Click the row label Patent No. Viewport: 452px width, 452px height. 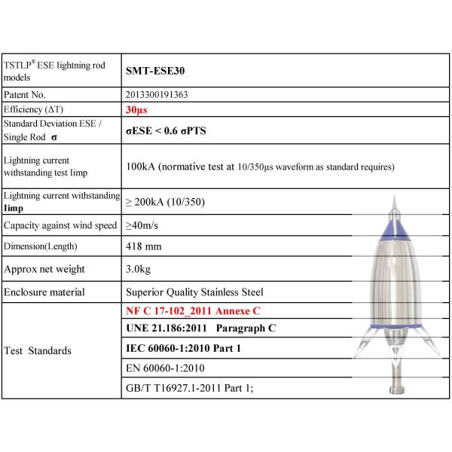[25, 96]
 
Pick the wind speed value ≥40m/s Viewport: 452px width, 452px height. [142, 225]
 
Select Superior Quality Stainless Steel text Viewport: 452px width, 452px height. [194, 292]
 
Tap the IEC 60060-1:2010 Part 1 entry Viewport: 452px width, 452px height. [188, 349]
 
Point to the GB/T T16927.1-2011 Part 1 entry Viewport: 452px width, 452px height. [188, 389]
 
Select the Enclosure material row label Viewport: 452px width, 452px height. [44, 292]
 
